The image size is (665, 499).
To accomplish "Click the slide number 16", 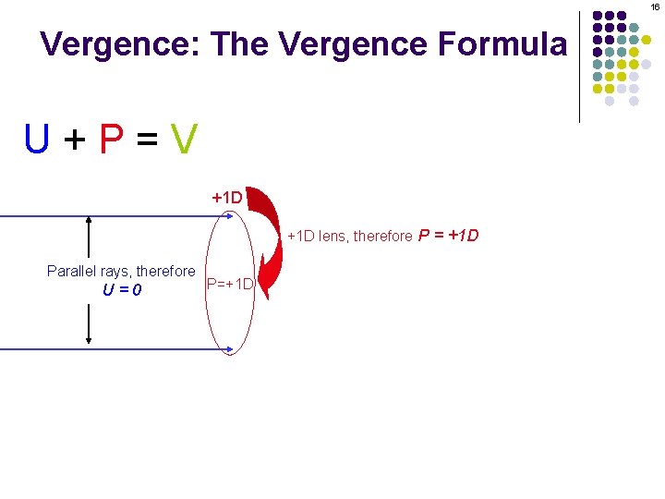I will coord(655,6).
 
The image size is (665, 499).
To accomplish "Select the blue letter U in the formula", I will coord(38,140).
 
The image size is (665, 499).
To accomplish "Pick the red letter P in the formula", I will coord(111,140).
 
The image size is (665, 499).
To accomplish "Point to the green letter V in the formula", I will coord(184,140).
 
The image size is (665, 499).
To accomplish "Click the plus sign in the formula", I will coord(74,140).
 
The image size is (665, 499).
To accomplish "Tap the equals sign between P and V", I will coord(147,140).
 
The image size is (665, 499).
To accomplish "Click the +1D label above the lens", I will coord(227,198).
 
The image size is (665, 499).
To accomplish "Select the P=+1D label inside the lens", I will coord(231,283).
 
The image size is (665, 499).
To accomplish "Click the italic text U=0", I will coord(121,290).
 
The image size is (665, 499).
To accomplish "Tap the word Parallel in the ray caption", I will coord(72,272).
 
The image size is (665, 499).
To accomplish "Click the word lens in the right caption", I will coord(334,237).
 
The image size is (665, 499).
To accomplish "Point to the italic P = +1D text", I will coord(449,235).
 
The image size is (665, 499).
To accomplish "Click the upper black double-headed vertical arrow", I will coord(88,237).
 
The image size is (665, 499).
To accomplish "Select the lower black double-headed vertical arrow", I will coord(88,323).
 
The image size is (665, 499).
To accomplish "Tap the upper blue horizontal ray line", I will coord(111,215).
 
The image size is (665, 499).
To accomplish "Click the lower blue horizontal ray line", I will coord(111,349).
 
